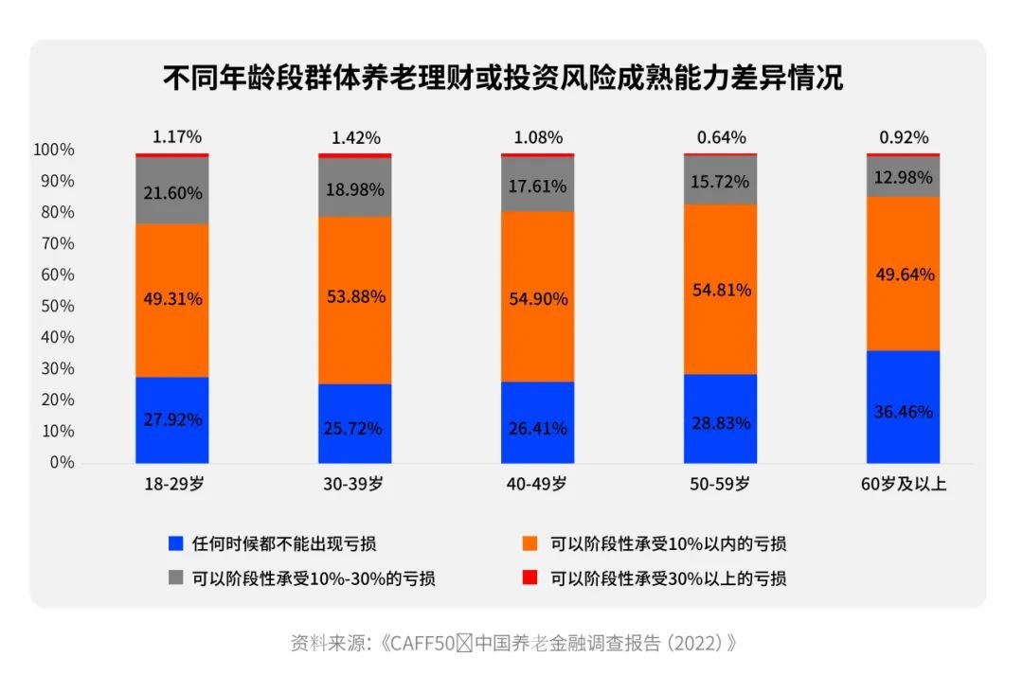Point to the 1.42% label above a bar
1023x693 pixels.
[x=355, y=137]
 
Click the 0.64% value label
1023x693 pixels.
[x=721, y=137]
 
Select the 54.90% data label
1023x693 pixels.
[x=538, y=299]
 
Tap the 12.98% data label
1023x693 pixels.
[x=904, y=175]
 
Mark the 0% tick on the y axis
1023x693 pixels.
[x=61, y=462]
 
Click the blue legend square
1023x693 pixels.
[x=174, y=543]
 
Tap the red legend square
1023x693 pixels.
[x=530, y=577]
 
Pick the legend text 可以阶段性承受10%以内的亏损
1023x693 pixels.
[x=668, y=543]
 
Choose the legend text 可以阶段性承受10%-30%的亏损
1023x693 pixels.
[x=314, y=577]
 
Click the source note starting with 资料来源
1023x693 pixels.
[x=512, y=643]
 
